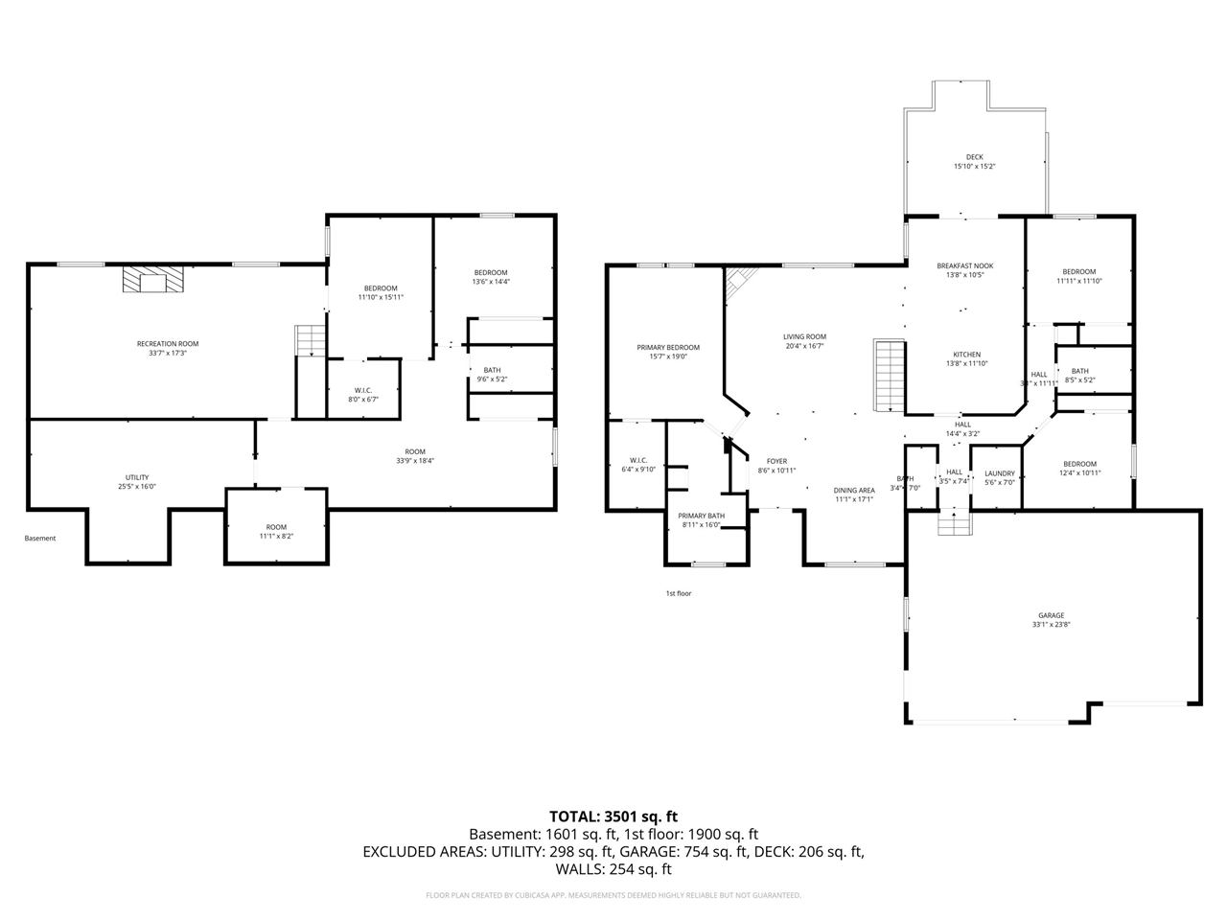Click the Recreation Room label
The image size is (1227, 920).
click(x=168, y=348)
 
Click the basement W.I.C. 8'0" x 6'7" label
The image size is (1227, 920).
click(x=363, y=394)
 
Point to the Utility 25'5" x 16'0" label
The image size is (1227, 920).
click(x=137, y=482)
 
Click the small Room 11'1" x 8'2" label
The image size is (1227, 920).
click(x=276, y=531)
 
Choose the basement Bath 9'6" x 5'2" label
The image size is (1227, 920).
click(x=492, y=375)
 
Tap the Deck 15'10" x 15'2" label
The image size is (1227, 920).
click(x=974, y=162)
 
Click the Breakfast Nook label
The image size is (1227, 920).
click(x=965, y=270)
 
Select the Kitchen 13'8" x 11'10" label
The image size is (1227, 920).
click(x=965, y=358)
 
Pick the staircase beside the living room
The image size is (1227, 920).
click(x=890, y=375)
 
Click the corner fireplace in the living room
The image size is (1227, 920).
click(x=738, y=283)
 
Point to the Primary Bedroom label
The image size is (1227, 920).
click(x=668, y=352)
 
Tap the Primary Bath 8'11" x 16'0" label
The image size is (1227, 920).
click(x=702, y=520)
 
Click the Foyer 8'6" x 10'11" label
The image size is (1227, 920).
click(x=776, y=466)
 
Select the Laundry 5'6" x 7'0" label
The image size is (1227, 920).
click(x=1000, y=477)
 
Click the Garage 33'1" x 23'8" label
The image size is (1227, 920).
click(x=1051, y=620)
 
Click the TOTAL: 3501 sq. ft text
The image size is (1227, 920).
click(x=613, y=816)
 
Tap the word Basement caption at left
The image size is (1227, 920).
click(x=40, y=539)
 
